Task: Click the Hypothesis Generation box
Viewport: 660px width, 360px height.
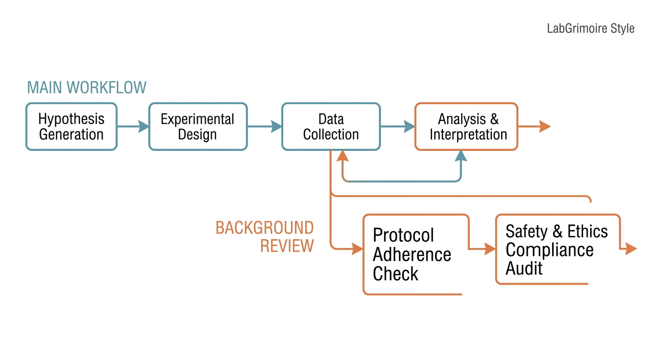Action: coord(72,127)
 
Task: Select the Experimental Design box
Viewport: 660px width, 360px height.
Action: coord(198,127)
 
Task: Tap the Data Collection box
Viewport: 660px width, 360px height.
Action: coord(331,127)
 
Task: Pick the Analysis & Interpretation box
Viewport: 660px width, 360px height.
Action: coord(466,127)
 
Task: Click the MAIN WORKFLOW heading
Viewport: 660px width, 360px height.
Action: coord(87,88)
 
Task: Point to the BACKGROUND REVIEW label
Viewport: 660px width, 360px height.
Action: coord(264,237)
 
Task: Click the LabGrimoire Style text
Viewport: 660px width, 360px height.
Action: coord(591,29)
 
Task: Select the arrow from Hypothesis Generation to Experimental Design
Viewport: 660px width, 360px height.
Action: coord(133,127)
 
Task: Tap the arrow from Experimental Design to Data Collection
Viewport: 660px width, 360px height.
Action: coord(264,127)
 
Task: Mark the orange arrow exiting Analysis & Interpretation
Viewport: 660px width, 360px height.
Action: coord(534,127)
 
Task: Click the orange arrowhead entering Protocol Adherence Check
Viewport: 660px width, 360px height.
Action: coord(357,249)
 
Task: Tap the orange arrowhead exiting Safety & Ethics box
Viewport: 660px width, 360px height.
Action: coord(631,249)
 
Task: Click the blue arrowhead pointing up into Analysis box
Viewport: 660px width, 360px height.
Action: coord(461,156)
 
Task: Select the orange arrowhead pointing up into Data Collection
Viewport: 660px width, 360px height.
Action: coord(342,156)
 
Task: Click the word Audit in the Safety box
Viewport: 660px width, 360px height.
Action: coord(524,268)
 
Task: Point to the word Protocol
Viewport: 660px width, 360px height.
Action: coord(403,235)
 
